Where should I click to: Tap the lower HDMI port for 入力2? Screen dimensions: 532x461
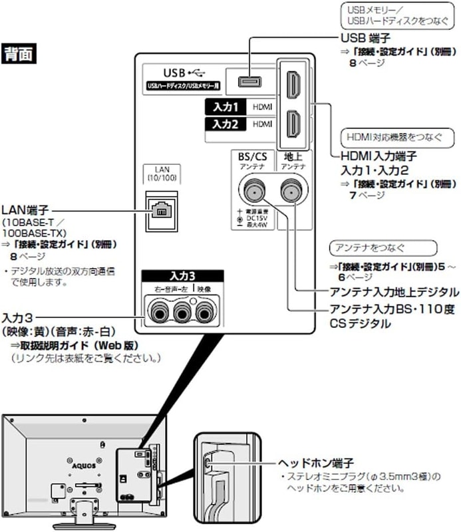(293, 124)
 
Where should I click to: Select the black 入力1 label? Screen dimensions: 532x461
(225, 106)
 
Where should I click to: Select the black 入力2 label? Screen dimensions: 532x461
(225, 124)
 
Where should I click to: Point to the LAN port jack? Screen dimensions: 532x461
(162, 209)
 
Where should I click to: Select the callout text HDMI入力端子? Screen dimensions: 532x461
(378, 156)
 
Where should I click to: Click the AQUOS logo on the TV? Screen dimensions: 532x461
(78, 459)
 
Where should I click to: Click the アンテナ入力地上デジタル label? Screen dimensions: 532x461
(394, 292)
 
